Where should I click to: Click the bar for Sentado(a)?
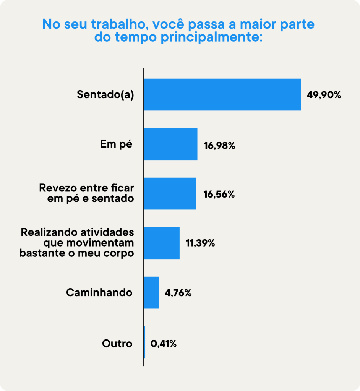click(x=222, y=95)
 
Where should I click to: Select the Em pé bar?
click(x=170, y=144)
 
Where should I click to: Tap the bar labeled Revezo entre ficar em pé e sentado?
click(x=170, y=193)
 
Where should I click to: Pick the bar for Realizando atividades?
click(x=161, y=243)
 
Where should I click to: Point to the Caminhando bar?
click(x=151, y=292)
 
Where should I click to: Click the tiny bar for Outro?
click(x=144, y=342)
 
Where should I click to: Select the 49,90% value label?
click(x=324, y=95)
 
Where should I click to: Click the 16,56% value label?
click(x=219, y=194)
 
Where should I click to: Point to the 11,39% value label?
click(x=200, y=243)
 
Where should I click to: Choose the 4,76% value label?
click(x=178, y=293)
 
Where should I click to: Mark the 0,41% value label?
click(x=164, y=344)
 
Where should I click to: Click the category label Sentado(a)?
click(x=105, y=95)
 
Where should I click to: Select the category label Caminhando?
click(x=99, y=293)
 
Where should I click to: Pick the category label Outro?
click(x=117, y=343)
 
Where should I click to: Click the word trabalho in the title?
click(x=118, y=24)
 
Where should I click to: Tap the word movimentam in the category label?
click(x=94, y=243)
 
